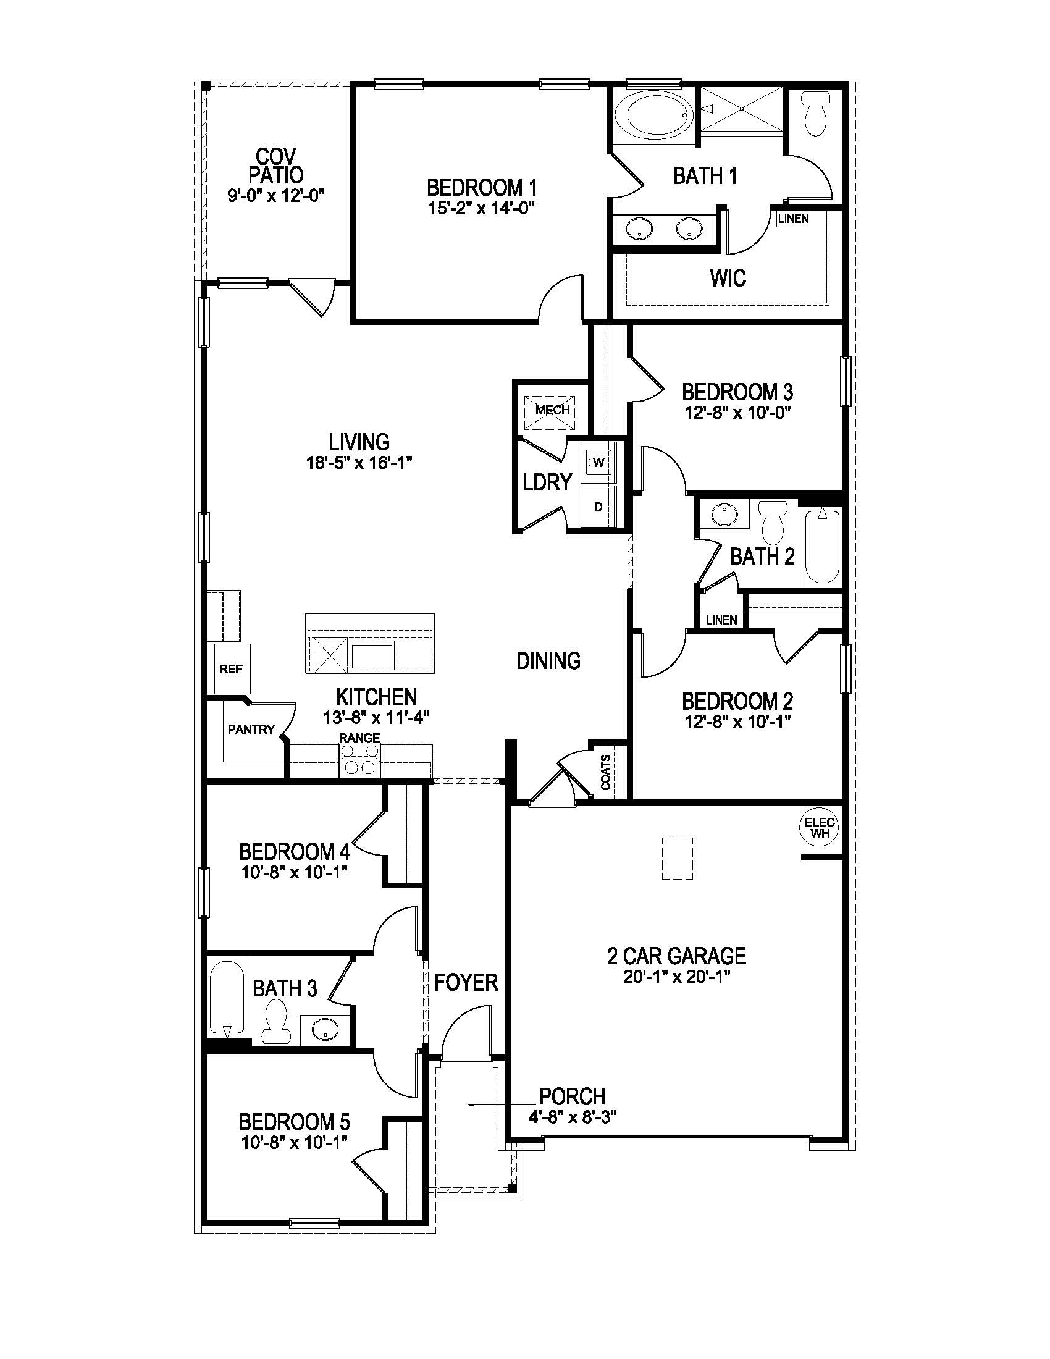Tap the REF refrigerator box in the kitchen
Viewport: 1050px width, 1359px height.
click(x=232, y=669)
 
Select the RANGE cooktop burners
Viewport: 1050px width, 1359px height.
click(x=359, y=759)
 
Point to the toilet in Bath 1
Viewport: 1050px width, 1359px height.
click(x=816, y=114)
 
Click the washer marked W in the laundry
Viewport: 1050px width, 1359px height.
click(x=598, y=461)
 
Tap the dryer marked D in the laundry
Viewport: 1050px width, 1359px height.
click(x=598, y=507)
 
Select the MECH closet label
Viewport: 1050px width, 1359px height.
click(x=552, y=410)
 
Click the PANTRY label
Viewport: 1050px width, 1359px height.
click(x=251, y=730)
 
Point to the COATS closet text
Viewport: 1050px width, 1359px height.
click(x=605, y=772)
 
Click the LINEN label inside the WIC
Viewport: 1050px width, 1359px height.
click(x=793, y=219)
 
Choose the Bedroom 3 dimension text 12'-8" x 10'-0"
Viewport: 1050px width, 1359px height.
click(x=737, y=413)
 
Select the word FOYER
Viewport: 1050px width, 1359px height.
click(x=466, y=983)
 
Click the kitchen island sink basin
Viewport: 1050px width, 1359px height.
click(x=371, y=657)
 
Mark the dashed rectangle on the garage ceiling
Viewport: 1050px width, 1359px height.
click(x=677, y=858)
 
